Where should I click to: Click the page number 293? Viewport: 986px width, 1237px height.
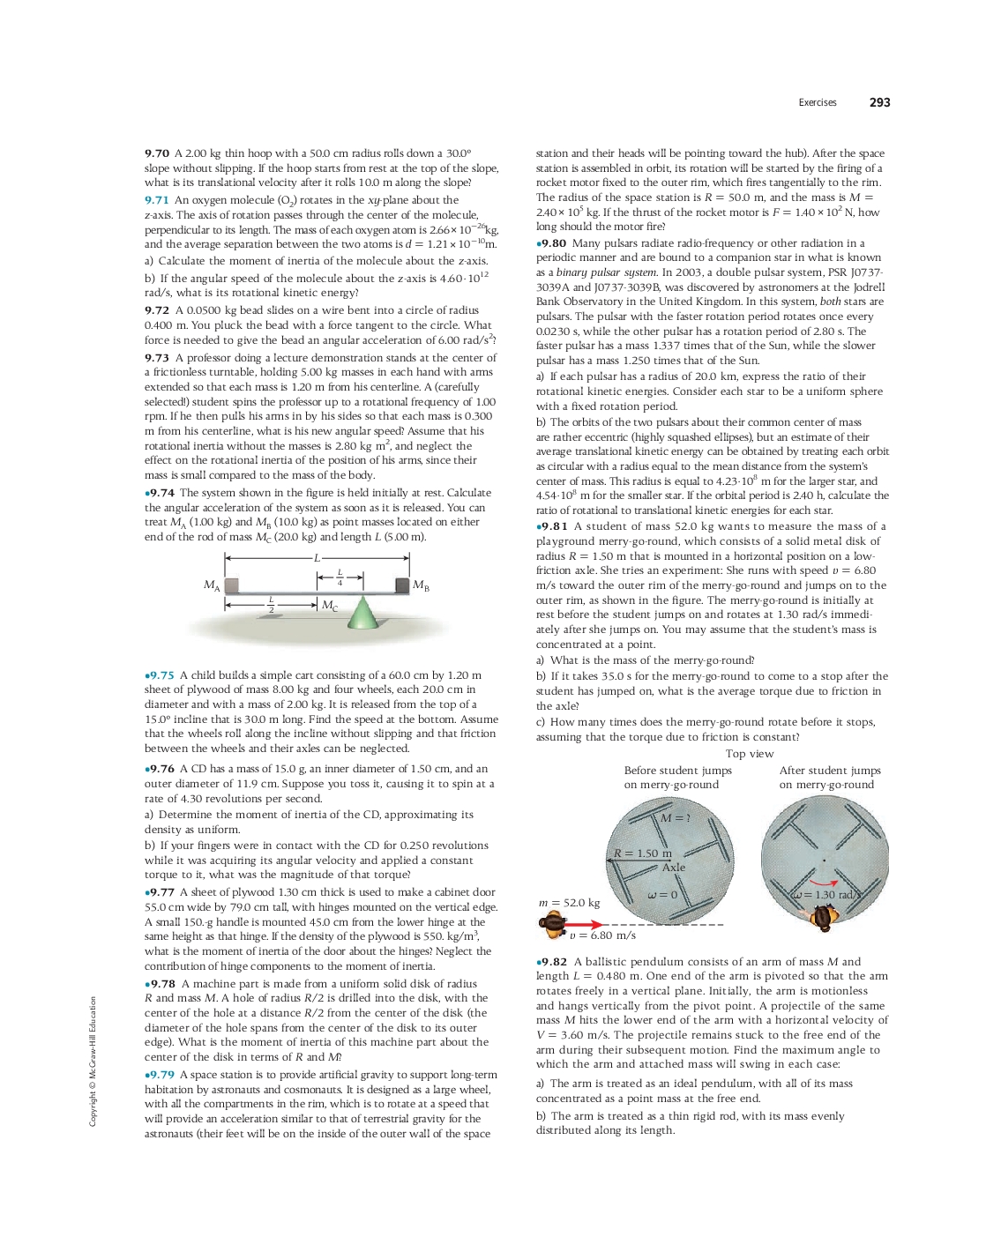tap(879, 102)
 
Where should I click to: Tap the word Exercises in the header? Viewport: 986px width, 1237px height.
tap(817, 102)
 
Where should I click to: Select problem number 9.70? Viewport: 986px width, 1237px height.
tap(157, 153)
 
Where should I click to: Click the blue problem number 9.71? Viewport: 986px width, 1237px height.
tap(157, 200)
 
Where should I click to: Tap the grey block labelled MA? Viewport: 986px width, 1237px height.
tap(231, 585)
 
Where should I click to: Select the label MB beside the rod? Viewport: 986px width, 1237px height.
tap(421, 585)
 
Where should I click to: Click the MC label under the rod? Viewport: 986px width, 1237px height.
tap(329, 606)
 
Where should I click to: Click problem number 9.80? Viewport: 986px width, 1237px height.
tap(551, 243)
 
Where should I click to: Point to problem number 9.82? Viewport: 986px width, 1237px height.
tap(552, 962)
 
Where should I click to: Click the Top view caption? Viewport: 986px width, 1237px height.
tap(750, 754)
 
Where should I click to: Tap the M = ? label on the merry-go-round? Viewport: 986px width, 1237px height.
tap(676, 818)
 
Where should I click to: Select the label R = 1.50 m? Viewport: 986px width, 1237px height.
tap(643, 853)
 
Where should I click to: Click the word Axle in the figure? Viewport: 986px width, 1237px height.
tap(674, 868)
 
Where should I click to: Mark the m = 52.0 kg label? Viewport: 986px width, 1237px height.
tap(569, 903)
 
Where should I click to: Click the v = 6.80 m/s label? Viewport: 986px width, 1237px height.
tap(602, 935)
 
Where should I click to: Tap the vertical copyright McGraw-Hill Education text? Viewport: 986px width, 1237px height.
tap(93, 1061)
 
